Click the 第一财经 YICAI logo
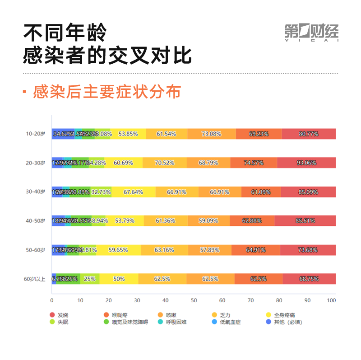[311, 32]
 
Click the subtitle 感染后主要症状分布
[107, 92]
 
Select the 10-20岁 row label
[36, 134]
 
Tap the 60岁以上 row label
[35, 279]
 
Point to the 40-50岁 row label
[36, 221]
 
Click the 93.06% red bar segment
[306, 163]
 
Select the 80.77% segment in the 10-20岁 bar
[309, 134]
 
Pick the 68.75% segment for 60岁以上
[309, 279]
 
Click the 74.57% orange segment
[254, 163]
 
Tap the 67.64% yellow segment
[133, 192]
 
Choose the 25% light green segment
[89, 279]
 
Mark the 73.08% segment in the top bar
[211, 134]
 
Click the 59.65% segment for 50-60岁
[118, 250]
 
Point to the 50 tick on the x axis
[194, 300]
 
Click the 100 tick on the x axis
[332, 300]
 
